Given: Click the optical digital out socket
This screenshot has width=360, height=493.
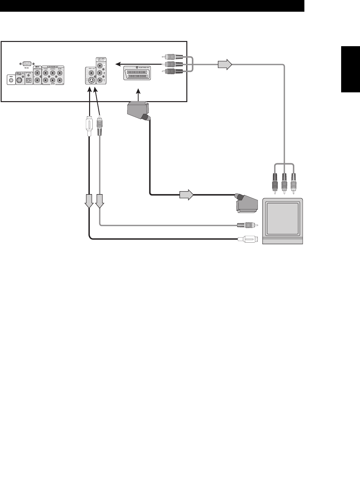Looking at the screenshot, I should pos(28,81).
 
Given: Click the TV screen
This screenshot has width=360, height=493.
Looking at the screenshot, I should pos(282,219).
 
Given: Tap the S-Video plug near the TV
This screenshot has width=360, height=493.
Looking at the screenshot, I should pos(248,239).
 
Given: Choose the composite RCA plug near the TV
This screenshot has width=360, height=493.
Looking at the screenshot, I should pos(247,224).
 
